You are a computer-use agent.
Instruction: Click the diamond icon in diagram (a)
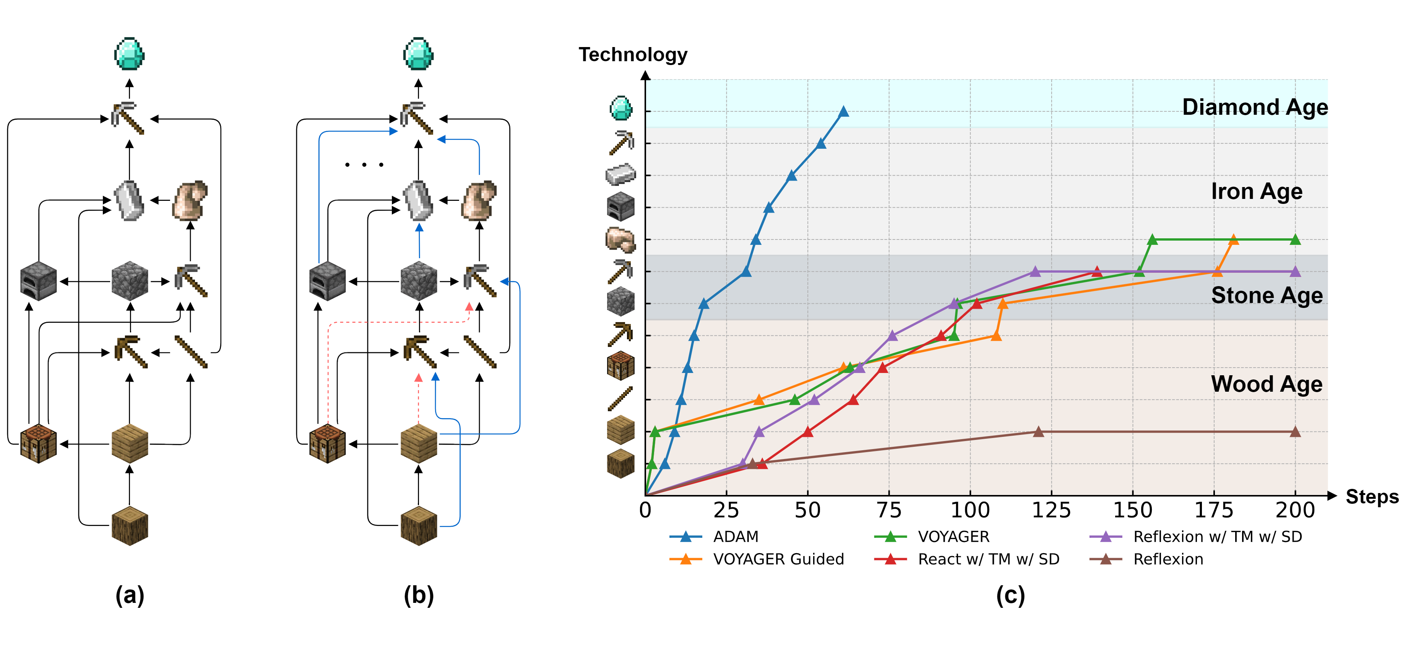point(129,54)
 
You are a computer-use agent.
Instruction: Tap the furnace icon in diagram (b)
point(327,281)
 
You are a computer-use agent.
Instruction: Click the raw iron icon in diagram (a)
point(190,200)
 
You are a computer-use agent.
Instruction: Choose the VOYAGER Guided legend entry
point(778,559)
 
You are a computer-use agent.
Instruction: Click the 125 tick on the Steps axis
point(1051,510)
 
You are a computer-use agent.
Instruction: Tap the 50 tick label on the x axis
point(807,510)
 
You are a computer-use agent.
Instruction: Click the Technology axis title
point(633,54)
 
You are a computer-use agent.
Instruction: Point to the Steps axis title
point(1372,497)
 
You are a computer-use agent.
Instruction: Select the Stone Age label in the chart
point(1267,295)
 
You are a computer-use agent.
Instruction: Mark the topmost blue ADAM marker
point(843,112)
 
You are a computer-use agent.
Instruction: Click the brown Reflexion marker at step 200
point(1295,432)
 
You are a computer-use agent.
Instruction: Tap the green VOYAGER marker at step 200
point(1295,240)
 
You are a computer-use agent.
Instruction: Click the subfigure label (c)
point(1010,596)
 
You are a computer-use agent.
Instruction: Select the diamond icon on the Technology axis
point(621,108)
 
